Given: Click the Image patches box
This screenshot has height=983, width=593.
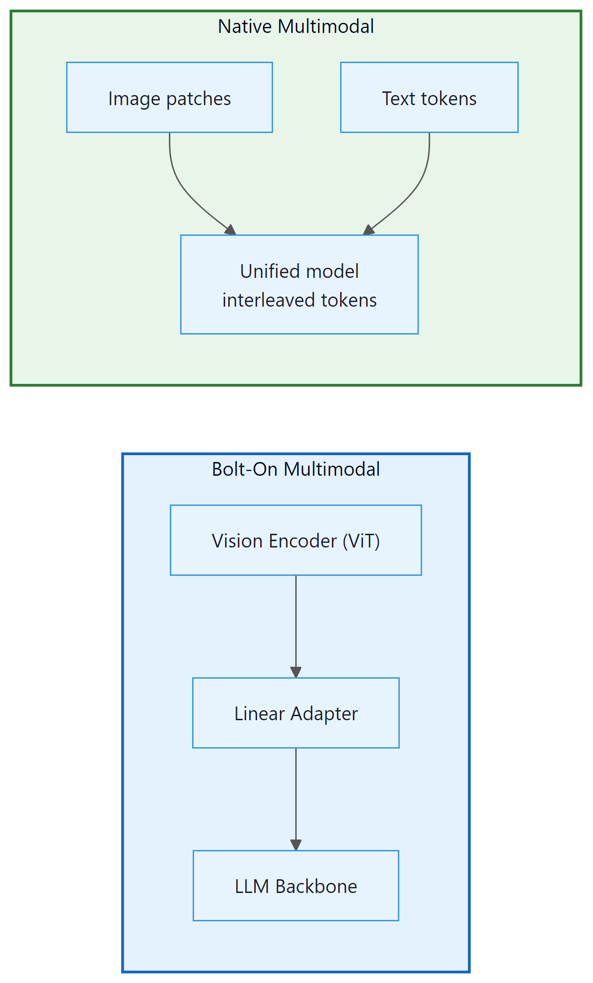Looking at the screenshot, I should point(169,97).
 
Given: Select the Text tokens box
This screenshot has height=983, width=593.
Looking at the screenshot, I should point(429,97).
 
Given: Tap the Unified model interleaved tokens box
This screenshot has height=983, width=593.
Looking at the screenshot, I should point(299,285).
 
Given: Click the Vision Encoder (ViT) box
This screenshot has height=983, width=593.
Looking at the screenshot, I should point(296,540).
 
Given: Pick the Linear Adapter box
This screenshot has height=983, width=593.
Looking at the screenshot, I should point(296,713).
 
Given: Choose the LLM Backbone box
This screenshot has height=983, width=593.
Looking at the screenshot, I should point(296,886).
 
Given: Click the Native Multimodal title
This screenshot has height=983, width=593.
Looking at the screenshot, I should point(296,27).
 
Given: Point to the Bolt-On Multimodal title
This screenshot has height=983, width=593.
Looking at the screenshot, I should point(296,469).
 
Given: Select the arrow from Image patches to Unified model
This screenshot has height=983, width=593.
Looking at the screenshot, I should point(183,187).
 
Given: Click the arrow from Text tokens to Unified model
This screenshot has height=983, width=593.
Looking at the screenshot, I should point(415,187).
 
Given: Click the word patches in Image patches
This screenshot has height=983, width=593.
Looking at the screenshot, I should point(199,99).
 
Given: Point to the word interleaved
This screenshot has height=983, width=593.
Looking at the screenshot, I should point(269,300).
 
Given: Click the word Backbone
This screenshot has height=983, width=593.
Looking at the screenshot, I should point(316,887).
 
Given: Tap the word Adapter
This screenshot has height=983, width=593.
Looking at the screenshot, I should point(324,714).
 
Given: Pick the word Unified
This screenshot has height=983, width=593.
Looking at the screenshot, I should point(268,271).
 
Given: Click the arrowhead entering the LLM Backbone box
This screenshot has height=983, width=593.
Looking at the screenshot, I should point(296,845).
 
